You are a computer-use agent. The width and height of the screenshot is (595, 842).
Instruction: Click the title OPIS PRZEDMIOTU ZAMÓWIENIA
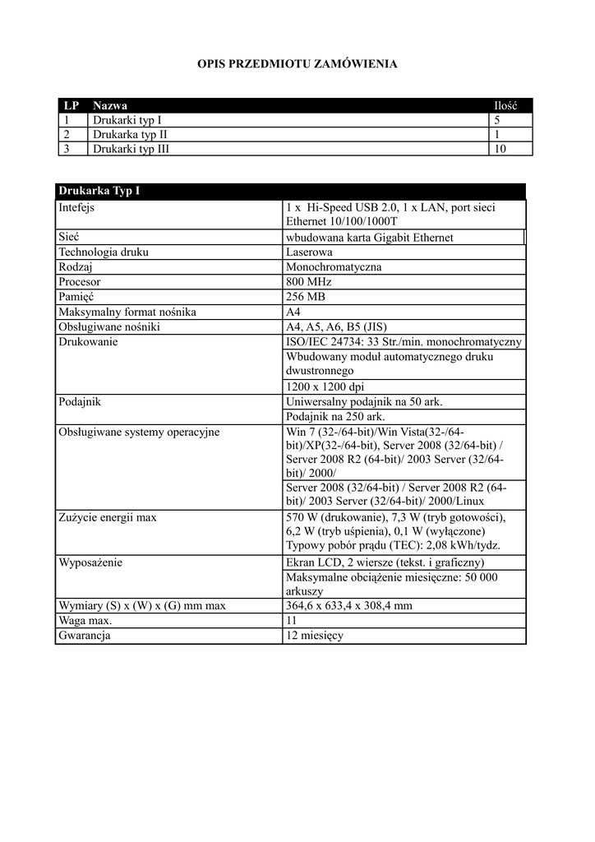pos(297,63)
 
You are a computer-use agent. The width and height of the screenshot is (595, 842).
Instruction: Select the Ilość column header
pos(505,106)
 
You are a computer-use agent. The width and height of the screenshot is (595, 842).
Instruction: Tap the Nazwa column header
pos(110,106)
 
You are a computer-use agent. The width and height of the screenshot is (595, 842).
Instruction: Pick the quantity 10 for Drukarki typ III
pos(500,149)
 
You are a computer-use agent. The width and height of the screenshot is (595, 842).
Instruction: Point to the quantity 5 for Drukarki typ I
pos(497,120)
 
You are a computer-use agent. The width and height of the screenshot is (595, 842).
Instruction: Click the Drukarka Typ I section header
pos(99,192)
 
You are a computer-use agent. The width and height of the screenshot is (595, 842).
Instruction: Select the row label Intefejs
pos(76,207)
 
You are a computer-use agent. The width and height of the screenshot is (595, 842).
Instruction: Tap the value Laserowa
pos(309,252)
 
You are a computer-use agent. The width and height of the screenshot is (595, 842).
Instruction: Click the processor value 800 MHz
pos(308,281)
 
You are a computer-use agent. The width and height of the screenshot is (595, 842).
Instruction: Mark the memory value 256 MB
pos(307,296)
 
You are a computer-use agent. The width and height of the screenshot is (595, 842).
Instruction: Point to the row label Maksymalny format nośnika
pos(127,312)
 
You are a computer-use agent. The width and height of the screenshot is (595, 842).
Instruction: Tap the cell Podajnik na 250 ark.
pos(335,416)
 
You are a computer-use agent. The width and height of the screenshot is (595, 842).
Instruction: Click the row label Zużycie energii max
pos(108,517)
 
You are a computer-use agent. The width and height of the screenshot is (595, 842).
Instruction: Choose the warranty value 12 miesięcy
pos(315,636)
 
